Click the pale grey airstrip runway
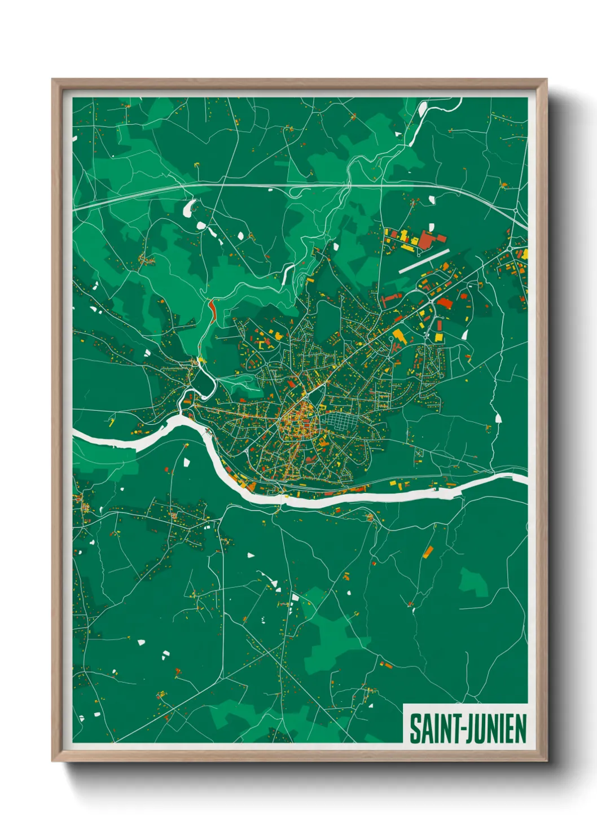[424, 262]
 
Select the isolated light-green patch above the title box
[473, 583]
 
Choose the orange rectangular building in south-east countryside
[428, 552]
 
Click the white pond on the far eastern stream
[498, 418]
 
